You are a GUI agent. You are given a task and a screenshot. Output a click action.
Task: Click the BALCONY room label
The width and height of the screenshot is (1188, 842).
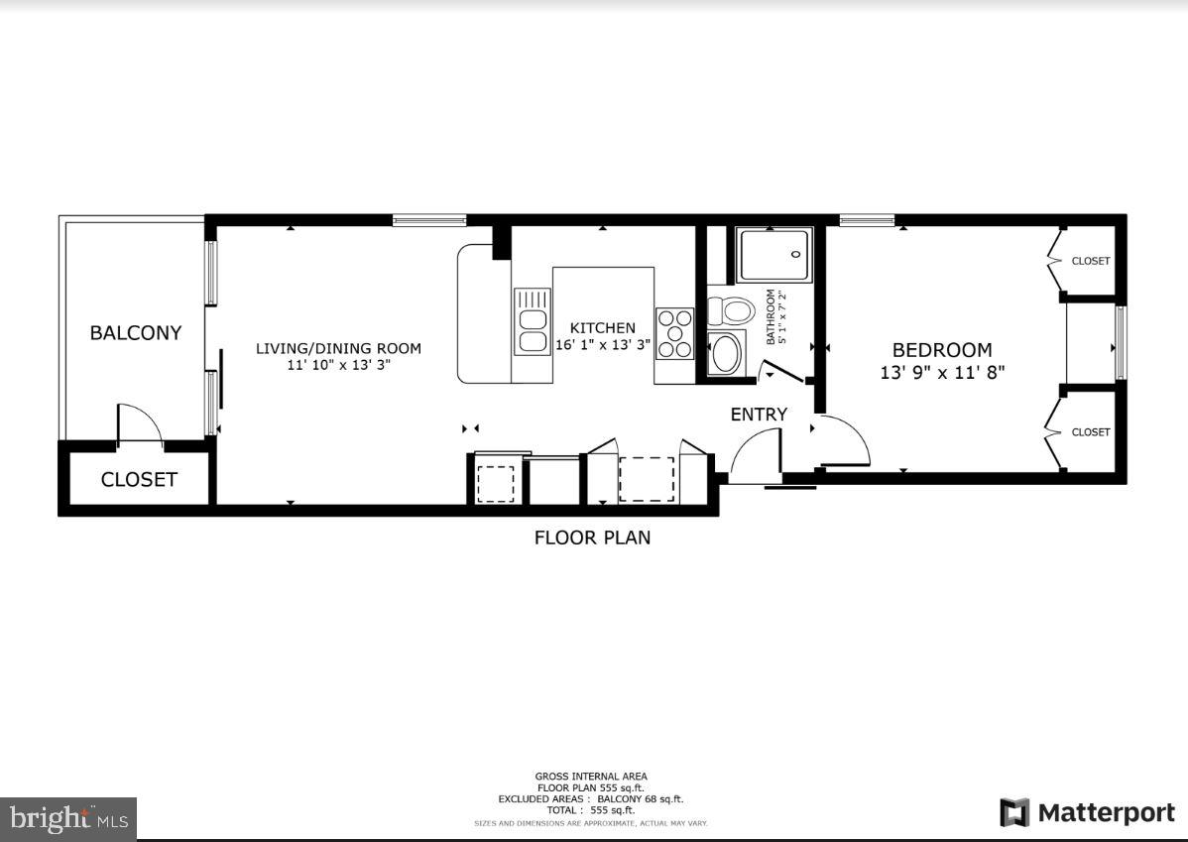(x=136, y=333)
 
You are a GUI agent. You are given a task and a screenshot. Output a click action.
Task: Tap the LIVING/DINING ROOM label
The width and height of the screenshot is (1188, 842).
(x=338, y=348)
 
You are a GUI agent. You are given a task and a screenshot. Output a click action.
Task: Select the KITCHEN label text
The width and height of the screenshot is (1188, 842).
(x=602, y=328)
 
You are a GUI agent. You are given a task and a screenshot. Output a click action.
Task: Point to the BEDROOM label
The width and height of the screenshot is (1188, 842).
(x=941, y=350)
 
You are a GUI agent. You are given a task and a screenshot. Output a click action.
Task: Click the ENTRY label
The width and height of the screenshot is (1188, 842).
(x=759, y=415)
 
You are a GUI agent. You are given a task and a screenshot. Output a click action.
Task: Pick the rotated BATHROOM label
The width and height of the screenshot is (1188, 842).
(x=770, y=317)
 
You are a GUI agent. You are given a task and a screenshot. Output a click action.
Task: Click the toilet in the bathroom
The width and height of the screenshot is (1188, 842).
(x=732, y=310)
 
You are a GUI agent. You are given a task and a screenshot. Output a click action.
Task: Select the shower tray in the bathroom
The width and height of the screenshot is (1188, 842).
(x=774, y=255)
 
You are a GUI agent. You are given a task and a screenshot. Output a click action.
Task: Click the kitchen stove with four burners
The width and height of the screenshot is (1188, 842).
(x=674, y=333)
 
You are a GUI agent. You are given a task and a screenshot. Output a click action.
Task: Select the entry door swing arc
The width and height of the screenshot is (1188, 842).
(x=756, y=452)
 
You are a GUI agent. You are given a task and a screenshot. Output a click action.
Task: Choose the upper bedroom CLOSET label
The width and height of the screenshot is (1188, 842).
(x=1090, y=261)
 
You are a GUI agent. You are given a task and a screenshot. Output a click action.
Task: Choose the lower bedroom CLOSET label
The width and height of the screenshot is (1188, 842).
(x=1090, y=432)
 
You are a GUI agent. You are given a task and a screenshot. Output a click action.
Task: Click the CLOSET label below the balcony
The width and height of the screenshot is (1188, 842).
(x=139, y=480)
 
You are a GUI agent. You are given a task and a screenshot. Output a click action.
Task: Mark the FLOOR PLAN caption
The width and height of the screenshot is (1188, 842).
(x=592, y=539)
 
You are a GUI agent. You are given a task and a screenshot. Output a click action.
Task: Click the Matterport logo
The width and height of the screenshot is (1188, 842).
(x=1087, y=813)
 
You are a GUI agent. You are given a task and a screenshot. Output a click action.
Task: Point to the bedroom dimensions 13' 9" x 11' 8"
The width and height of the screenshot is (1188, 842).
(x=942, y=373)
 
